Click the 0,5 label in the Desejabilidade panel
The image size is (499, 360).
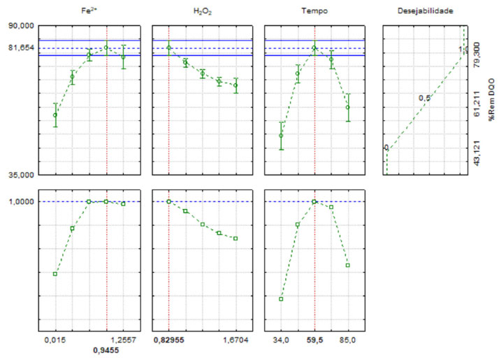[x=424, y=99]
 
